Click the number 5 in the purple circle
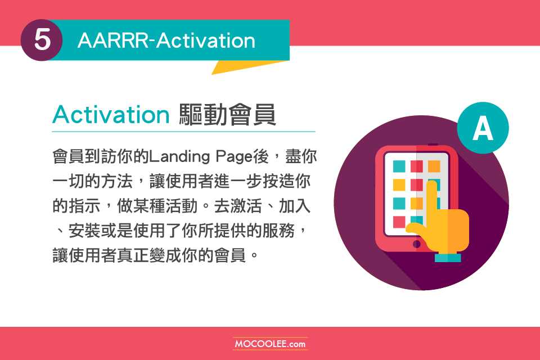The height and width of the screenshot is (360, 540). point(42,39)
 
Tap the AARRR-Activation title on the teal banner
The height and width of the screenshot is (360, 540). point(166,40)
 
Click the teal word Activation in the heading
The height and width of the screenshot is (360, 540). point(111,114)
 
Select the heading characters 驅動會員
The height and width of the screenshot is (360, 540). point(227,114)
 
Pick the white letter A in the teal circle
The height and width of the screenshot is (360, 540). point(483,128)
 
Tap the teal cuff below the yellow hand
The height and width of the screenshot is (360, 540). point(448,258)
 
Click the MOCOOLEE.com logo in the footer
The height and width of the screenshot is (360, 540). point(270,344)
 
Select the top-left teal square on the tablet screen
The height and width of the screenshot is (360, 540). point(399,166)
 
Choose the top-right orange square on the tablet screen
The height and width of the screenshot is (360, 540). point(434,166)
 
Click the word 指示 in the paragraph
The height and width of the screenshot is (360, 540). point(84,206)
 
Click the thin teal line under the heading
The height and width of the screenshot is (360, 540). point(183,132)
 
